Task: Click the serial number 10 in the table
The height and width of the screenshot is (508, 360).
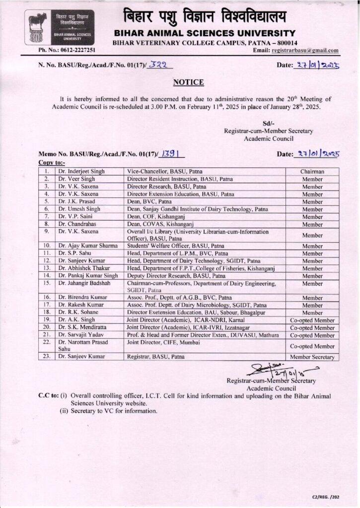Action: click(46, 246)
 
